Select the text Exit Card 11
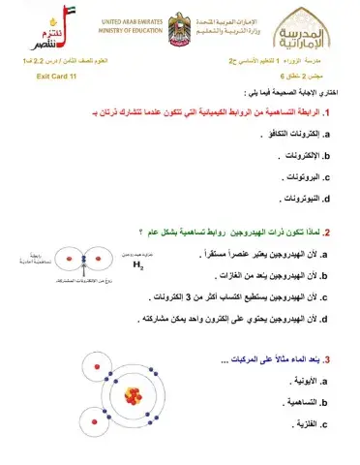click(x=56, y=74)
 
